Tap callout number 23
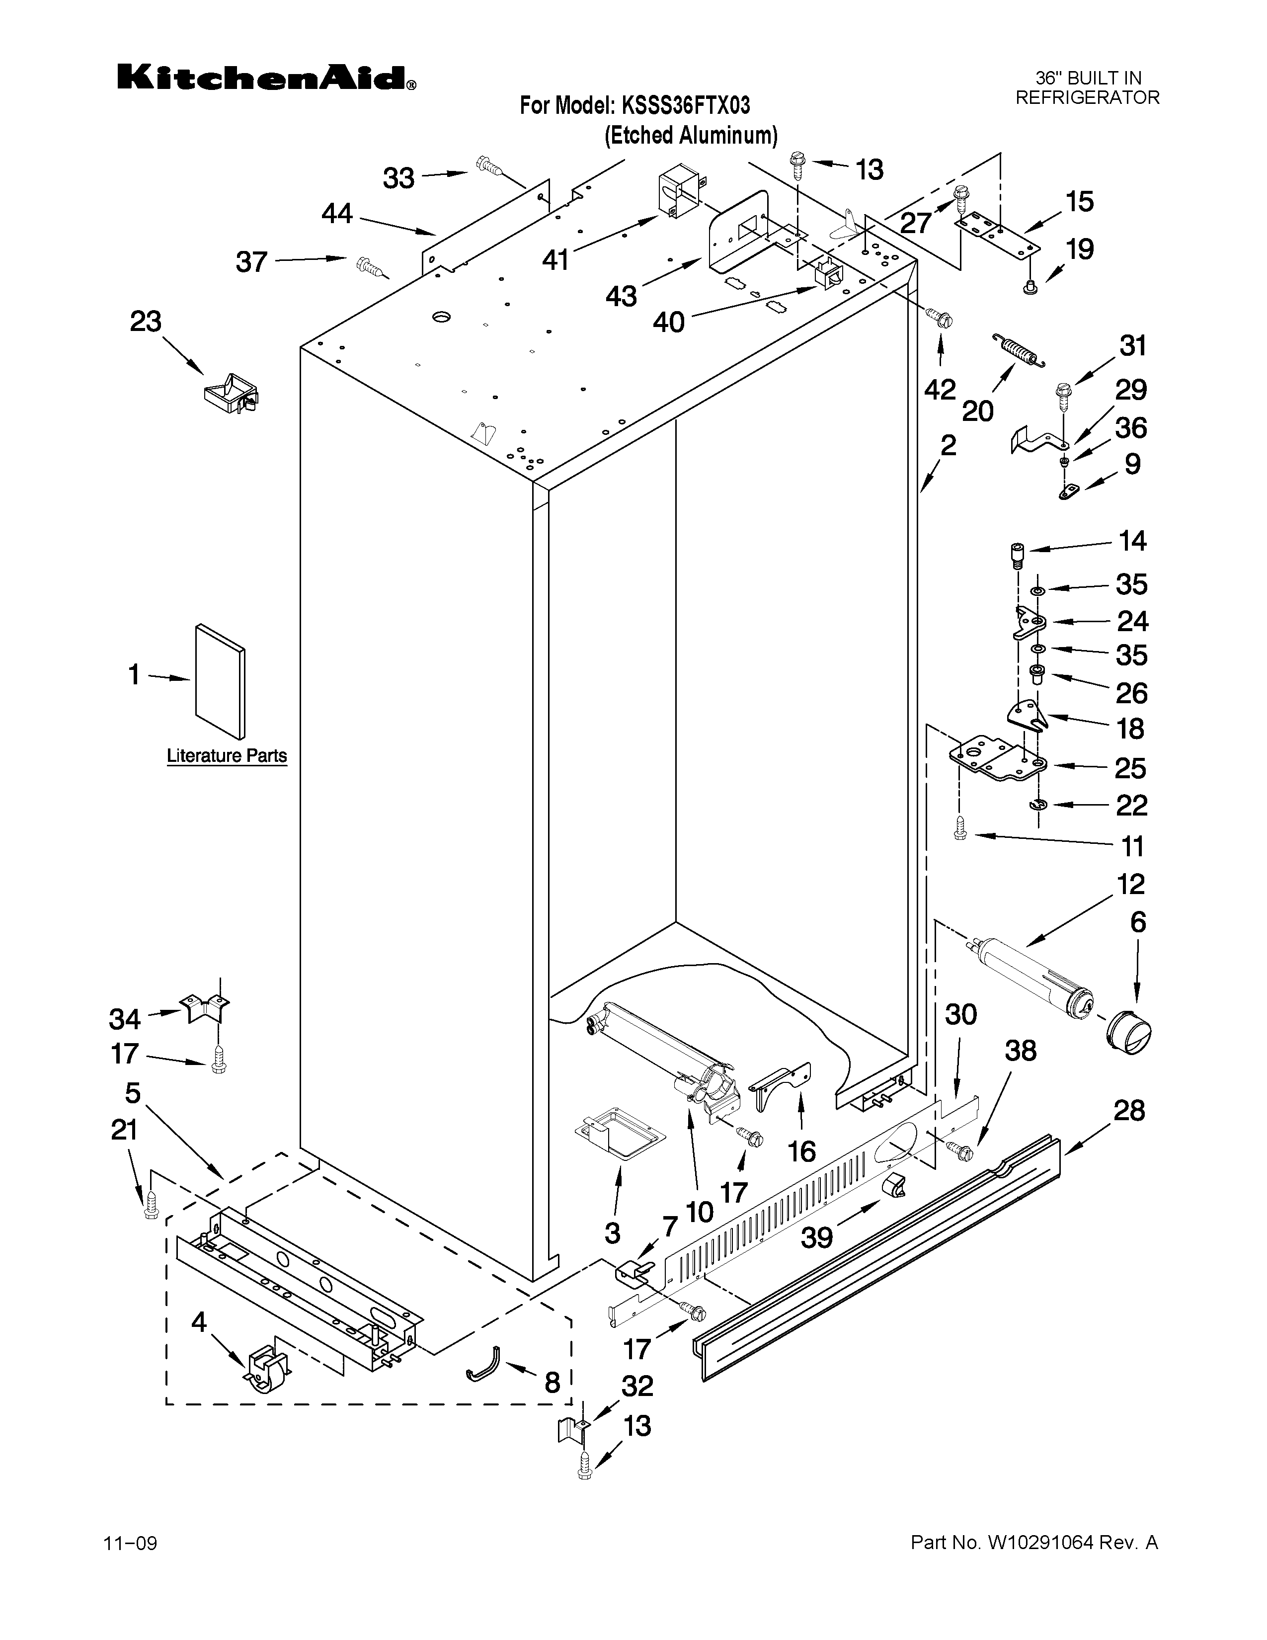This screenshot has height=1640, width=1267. point(146,322)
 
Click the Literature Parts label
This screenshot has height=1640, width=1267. point(227,755)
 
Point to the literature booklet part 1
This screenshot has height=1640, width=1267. point(219,681)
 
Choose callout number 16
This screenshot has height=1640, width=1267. point(801,1151)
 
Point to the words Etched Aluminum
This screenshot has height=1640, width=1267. point(691,136)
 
